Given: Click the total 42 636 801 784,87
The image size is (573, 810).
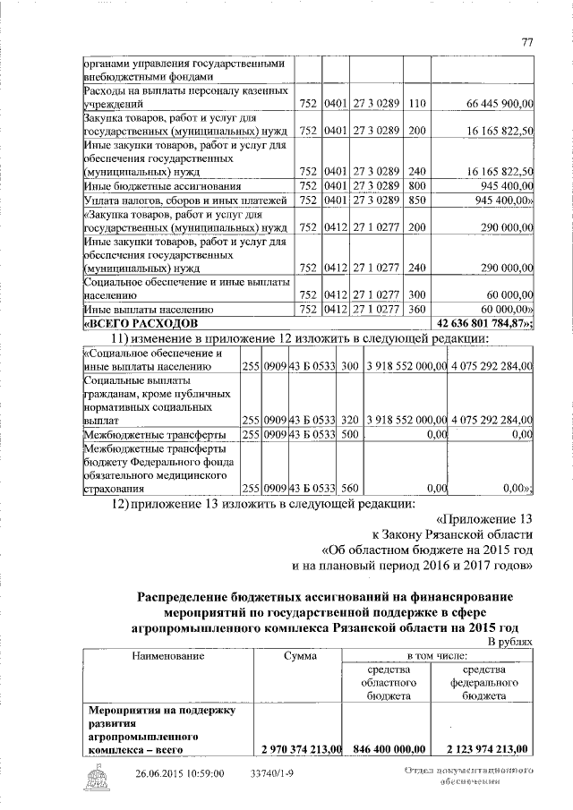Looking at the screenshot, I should coord(483,322).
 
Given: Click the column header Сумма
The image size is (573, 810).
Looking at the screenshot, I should coord(297,656).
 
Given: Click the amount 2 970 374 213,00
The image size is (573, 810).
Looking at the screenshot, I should coord(297,749).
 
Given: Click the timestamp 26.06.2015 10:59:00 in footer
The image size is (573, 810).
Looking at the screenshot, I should coord(180,774).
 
